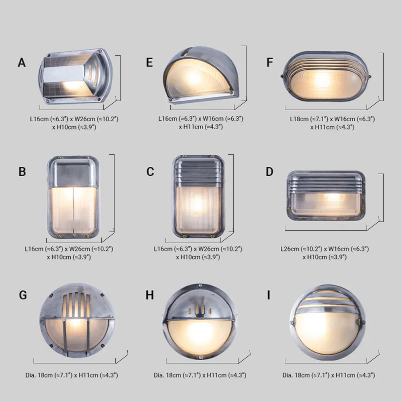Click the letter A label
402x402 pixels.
click(x=21, y=63)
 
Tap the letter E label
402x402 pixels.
click(x=149, y=63)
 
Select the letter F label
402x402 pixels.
click(x=270, y=63)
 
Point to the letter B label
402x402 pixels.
click(x=22, y=172)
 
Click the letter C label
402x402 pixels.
click(x=150, y=172)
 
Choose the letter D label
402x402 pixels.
click(x=269, y=172)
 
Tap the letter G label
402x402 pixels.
click(x=23, y=295)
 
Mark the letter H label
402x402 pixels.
click(x=150, y=295)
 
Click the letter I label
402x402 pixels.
click(x=269, y=295)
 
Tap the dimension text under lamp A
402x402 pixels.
click(x=74, y=123)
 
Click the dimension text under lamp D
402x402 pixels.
click(x=324, y=253)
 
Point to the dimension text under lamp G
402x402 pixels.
click(x=72, y=375)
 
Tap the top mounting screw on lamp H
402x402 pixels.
click(x=200, y=285)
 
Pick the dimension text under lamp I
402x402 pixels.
click(x=328, y=375)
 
